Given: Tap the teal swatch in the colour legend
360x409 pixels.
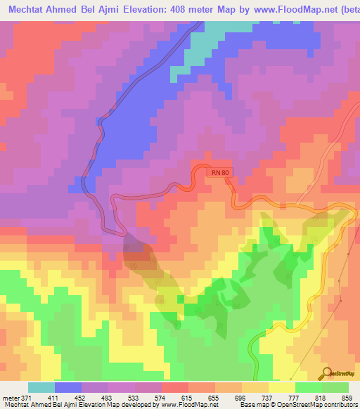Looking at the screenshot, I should [x=41, y=388].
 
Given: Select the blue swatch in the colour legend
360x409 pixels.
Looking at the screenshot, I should [x=68, y=388].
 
